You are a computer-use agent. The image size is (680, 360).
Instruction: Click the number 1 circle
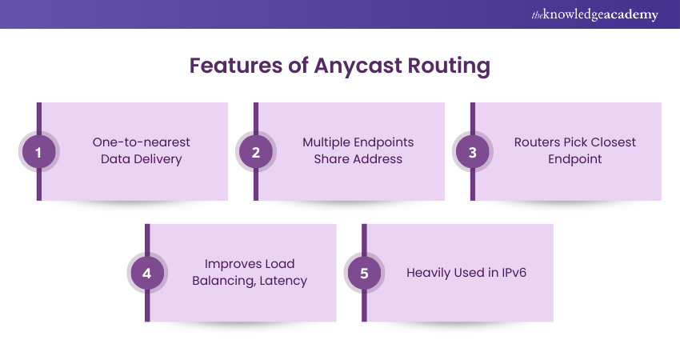[x=38, y=151]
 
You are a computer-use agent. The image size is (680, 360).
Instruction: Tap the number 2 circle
[x=256, y=151]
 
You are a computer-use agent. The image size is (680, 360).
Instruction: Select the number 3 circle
[x=472, y=151]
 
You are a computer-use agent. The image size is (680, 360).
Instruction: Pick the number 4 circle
[x=146, y=273]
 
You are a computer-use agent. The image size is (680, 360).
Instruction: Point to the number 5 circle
[x=364, y=273]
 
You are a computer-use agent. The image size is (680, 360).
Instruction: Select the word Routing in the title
[x=448, y=66]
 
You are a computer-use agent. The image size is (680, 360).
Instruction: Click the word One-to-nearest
[x=142, y=142]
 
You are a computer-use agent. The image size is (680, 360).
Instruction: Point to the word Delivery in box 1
[x=158, y=158]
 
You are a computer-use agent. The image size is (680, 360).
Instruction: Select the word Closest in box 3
[x=610, y=142]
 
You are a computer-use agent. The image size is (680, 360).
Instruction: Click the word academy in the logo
[x=630, y=14]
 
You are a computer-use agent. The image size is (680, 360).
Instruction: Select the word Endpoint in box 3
[x=574, y=158]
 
